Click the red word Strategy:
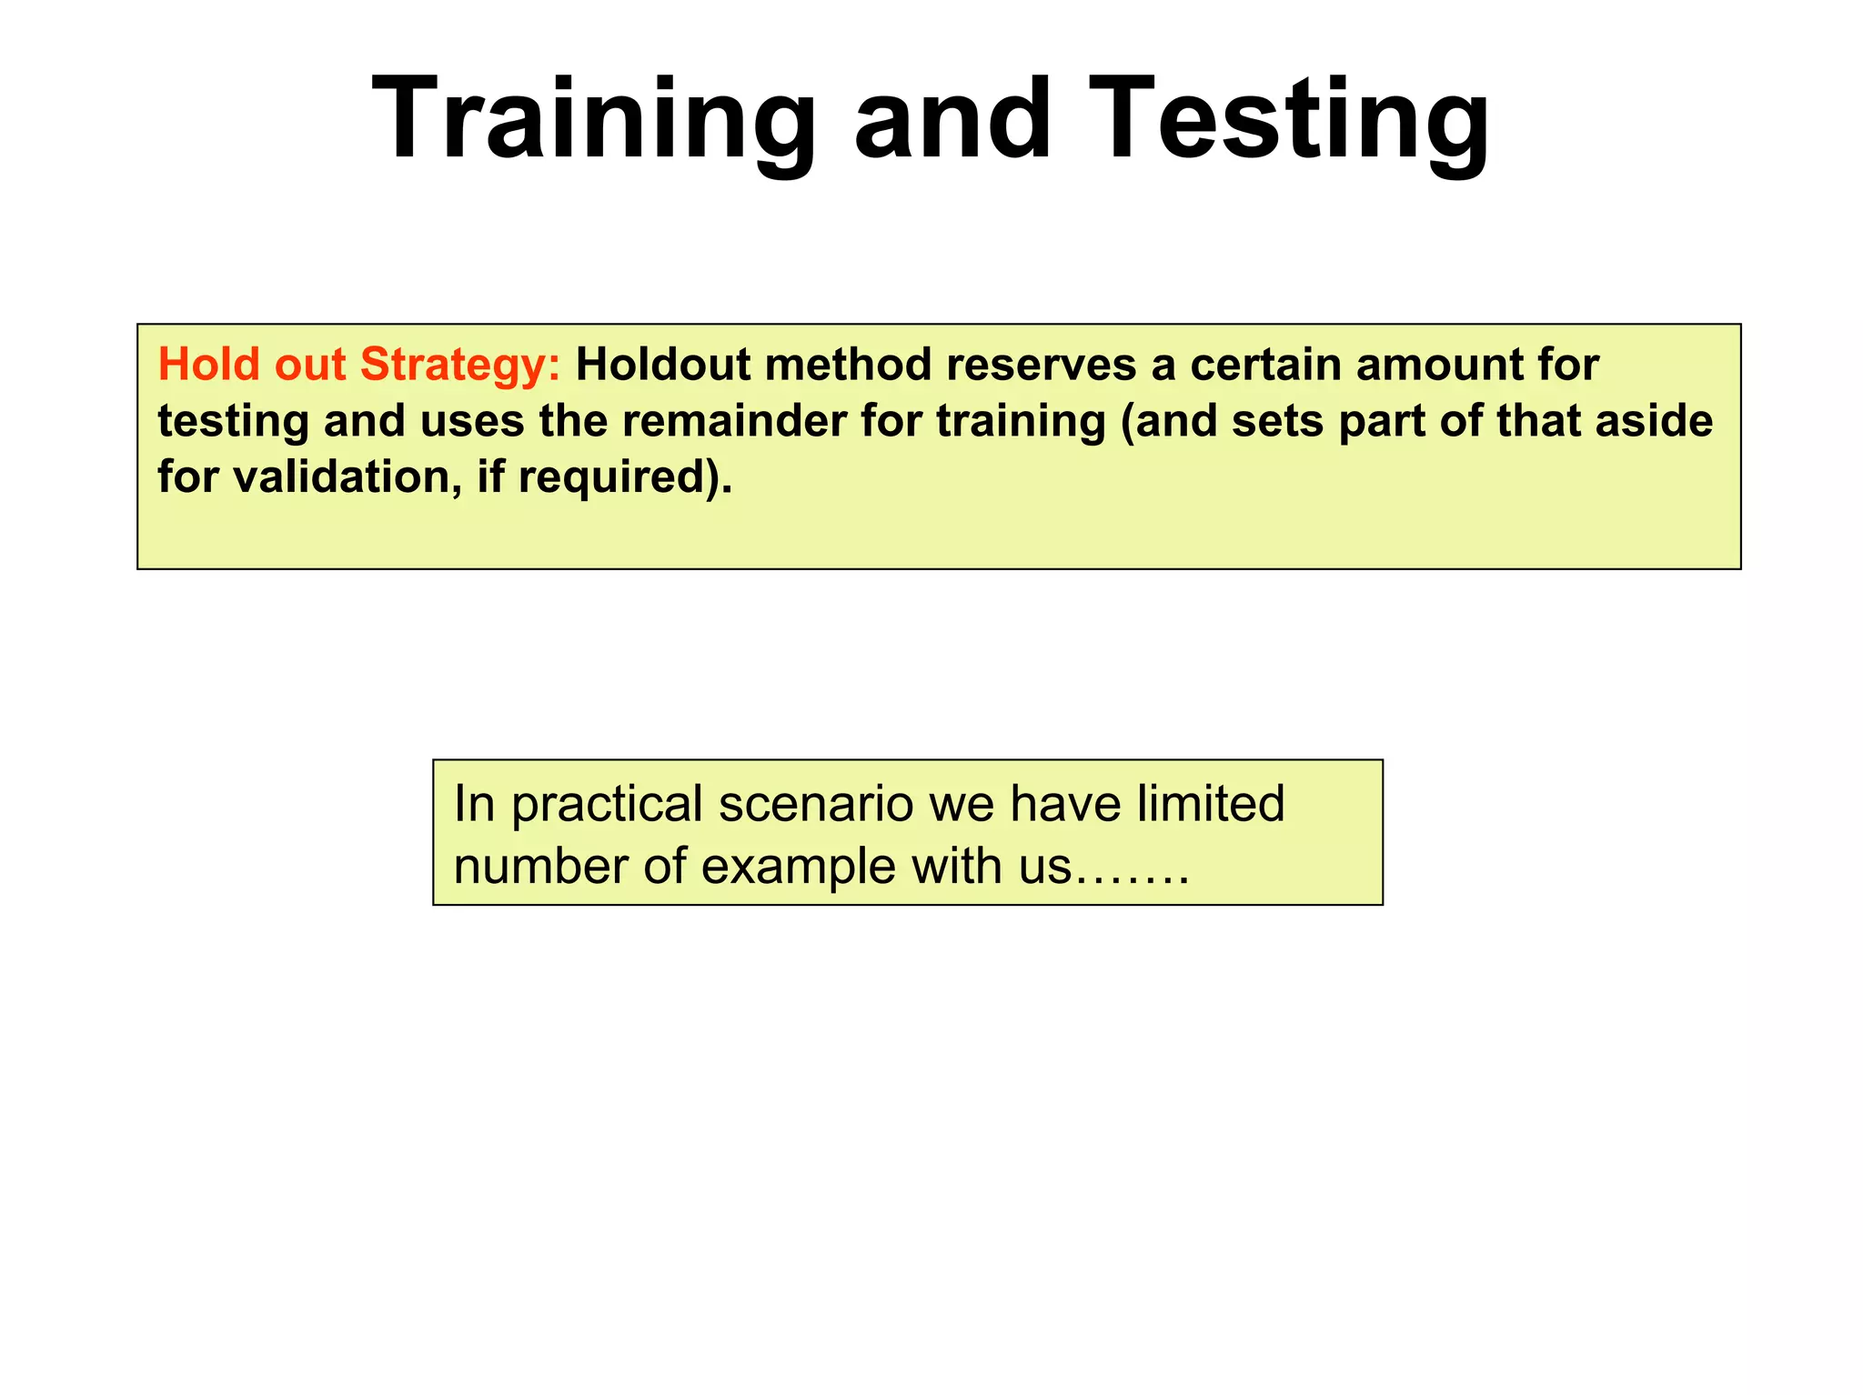pyautogui.click(x=460, y=366)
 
